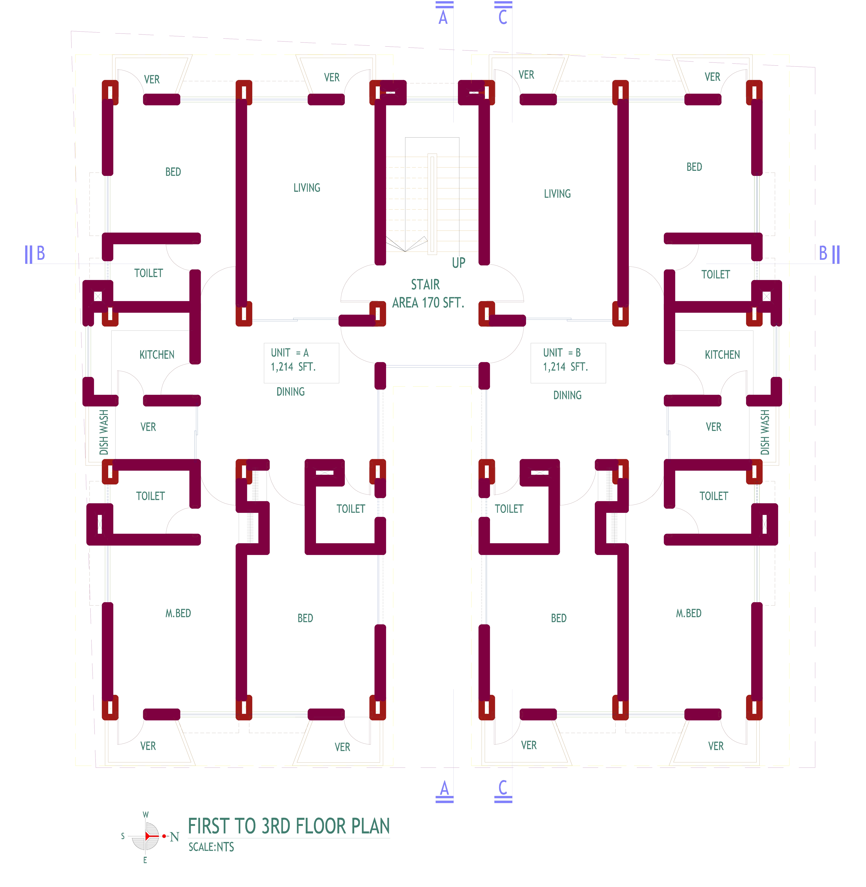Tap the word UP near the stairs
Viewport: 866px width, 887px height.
pos(458,263)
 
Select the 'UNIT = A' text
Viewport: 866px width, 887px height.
pos(290,353)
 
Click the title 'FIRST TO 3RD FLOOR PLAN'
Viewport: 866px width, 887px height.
pos(289,826)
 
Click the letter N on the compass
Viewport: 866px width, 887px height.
pos(175,837)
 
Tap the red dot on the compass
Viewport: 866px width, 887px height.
pos(164,836)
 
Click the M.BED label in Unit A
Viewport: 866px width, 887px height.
pos(178,613)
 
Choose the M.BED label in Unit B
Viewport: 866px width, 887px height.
pos(689,613)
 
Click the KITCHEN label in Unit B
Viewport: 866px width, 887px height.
pos(722,355)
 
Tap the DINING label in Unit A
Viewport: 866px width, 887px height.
pos(291,391)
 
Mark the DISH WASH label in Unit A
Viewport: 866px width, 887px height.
pos(104,432)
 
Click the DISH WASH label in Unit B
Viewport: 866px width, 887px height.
pos(765,432)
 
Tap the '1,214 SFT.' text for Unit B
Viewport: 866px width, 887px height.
pos(565,367)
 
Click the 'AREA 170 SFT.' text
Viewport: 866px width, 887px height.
pos(428,303)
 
